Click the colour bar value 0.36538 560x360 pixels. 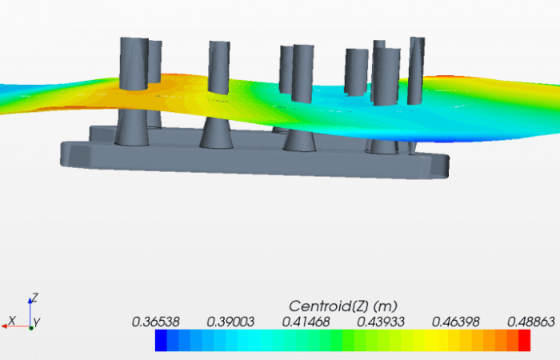click(x=156, y=321)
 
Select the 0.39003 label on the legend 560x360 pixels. click(x=230, y=321)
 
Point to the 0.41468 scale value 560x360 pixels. click(x=306, y=321)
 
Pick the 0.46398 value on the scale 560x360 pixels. click(x=455, y=321)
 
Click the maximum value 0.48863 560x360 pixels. click(x=530, y=321)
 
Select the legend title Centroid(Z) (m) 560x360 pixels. click(x=342, y=306)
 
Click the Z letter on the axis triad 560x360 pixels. click(x=35, y=298)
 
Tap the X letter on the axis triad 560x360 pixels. click(x=11, y=321)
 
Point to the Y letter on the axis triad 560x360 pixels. click(x=38, y=322)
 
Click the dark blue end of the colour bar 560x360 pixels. click(x=161, y=341)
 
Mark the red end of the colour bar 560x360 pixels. click(x=524, y=341)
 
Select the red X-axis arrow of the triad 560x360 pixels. click(x=21, y=325)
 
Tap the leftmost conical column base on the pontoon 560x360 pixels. click(x=131, y=128)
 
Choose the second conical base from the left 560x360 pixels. click(x=215, y=133)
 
